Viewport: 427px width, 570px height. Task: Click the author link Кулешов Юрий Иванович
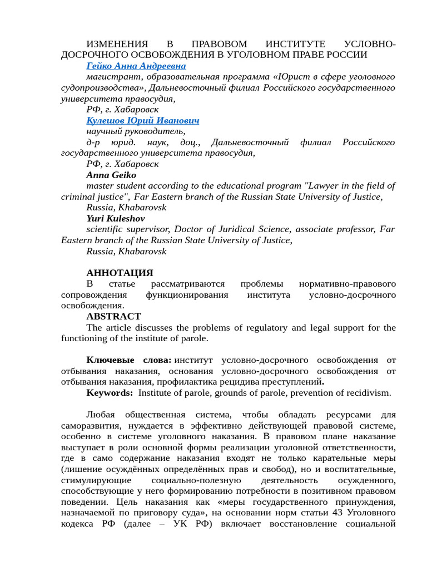coord(142,120)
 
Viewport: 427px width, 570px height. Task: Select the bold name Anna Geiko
coord(111,175)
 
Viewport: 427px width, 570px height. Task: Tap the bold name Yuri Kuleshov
coord(116,218)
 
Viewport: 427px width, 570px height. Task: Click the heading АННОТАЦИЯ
coord(120,273)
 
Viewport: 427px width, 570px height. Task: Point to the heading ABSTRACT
coord(113,316)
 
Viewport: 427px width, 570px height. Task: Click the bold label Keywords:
coord(110,393)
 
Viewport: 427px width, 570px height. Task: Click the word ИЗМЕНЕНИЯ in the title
coord(117,44)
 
